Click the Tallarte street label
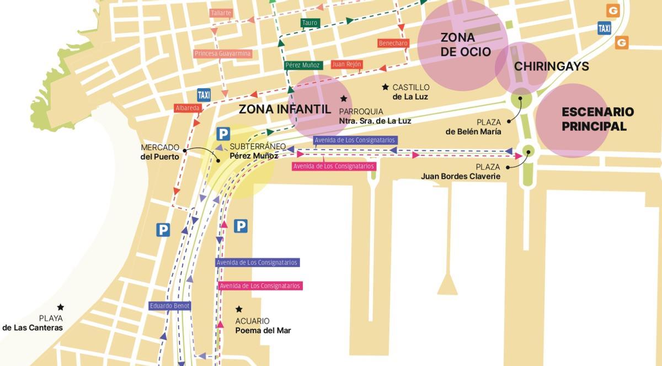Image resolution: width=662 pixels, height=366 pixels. pos(221,13)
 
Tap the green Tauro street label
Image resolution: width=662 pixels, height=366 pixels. pos(309,23)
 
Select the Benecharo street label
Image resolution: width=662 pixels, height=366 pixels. pos(393,43)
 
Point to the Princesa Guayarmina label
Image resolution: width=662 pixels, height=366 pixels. pos(223,54)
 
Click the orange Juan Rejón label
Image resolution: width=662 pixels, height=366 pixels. pos(346,65)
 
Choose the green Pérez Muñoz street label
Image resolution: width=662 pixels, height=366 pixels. pos(302,65)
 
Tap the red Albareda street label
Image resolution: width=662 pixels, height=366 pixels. pos(188,108)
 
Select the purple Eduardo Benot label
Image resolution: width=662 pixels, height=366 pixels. pos(169,306)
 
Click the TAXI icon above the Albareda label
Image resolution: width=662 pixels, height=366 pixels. pos(204,94)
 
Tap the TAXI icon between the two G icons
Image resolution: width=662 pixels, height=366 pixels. pos(604,28)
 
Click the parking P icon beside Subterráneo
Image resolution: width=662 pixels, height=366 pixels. pos(223,134)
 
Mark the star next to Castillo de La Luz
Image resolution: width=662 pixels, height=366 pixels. pos(385,87)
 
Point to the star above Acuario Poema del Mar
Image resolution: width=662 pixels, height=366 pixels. pos(239,309)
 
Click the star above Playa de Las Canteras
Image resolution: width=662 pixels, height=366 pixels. pos(60,307)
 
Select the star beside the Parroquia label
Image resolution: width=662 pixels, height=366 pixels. pos(343,99)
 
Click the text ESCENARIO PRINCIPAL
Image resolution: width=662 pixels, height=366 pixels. pos(597,119)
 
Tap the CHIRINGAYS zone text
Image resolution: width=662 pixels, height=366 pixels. pos(551,67)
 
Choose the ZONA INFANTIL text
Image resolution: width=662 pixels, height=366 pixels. pos(285,109)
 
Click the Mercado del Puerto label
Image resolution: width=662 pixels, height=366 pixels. pos(160,152)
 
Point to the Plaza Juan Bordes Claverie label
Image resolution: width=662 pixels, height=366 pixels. pos(461,172)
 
